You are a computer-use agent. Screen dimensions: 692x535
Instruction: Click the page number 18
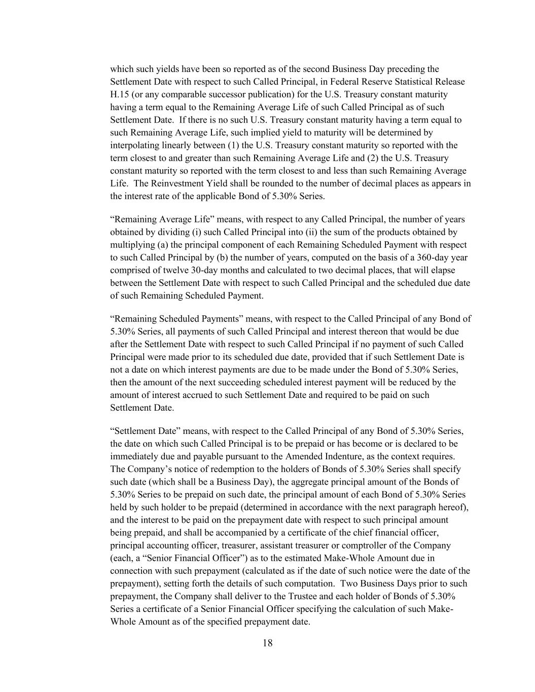point(268,643)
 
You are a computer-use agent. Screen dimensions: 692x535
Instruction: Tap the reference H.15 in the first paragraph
point(121,94)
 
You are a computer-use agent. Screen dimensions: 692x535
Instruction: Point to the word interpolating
point(133,145)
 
